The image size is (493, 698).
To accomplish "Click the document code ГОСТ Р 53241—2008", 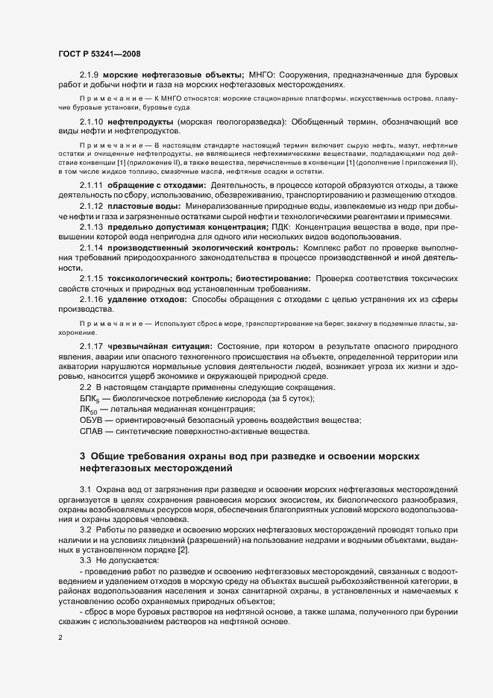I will click(98, 54).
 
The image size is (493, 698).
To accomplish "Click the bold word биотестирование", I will click(263, 277).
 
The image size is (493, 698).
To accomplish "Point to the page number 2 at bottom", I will click(60, 638).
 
